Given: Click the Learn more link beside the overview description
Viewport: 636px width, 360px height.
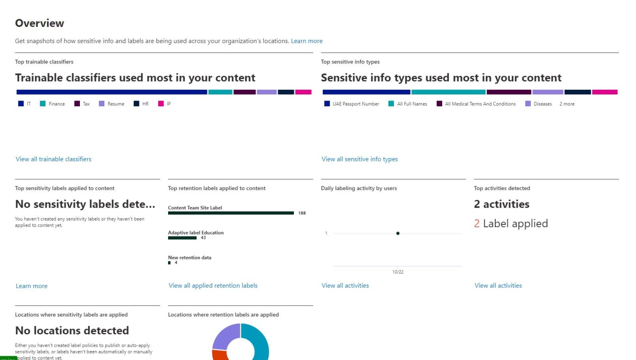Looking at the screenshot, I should pyautogui.click(x=306, y=41).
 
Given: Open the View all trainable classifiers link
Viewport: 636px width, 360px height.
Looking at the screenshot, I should pyautogui.click(x=53, y=159).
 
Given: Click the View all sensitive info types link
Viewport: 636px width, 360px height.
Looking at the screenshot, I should pyautogui.click(x=359, y=159).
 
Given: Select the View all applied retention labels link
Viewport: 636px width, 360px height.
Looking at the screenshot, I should pyautogui.click(x=213, y=286).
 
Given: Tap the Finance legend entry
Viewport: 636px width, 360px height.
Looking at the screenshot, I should pyautogui.click(x=56, y=104).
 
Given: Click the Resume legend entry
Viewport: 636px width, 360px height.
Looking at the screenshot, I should pyautogui.click(x=116, y=104).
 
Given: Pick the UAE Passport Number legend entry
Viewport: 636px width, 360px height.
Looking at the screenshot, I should pyautogui.click(x=355, y=104).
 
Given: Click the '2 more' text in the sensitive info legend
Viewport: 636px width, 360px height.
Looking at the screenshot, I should pyautogui.click(x=567, y=104).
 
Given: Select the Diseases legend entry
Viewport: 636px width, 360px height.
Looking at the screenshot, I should pyautogui.click(x=542, y=104).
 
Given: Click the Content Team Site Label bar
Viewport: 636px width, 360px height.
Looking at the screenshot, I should pyautogui.click(x=231, y=213).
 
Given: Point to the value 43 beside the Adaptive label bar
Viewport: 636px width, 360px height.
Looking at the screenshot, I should pyautogui.click(x=203, y=238).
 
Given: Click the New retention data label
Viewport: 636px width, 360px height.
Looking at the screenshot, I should pyautogui.click(x=190, y=257).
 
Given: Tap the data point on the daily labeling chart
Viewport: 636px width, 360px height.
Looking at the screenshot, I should pyautogui.click(x=397, y=233).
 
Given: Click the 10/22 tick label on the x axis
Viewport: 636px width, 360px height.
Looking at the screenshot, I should pyautogui.click(x=397, y=272).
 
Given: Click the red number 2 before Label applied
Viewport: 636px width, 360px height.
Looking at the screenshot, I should pyautogui.click(x=477, y=223).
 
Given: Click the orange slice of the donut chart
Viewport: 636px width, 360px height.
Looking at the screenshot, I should pyautogui.click(x=219, y=355).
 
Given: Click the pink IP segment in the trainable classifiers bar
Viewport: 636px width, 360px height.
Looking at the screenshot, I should pyautogui.click(x=303, y=92).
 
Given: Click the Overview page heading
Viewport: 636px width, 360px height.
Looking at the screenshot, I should pyautogui.click(x=39, y=23).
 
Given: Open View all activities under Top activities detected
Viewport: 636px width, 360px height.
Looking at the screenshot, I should pyautogui.click(x=498, y=286).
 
